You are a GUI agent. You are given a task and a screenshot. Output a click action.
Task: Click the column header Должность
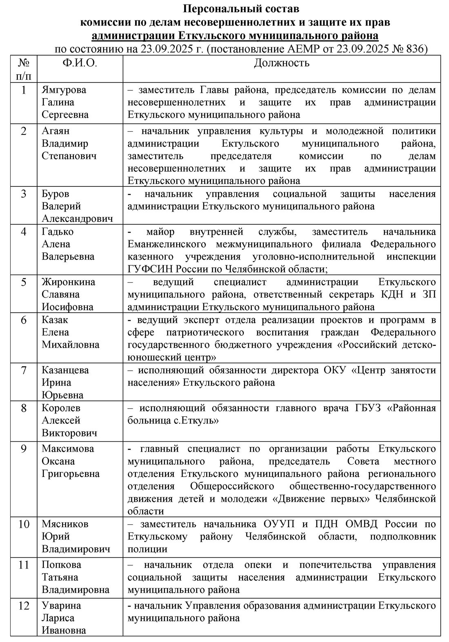(x=281, y=63)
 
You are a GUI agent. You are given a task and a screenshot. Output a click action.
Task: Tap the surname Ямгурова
(x=64, y=90)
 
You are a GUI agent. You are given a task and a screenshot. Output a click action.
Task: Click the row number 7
(x=24, y=370)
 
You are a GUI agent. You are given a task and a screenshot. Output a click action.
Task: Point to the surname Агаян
(x=56, y=131)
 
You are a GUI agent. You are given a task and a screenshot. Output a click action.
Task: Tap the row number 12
(x=24, y=606)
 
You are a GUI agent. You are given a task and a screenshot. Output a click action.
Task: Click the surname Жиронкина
(x=69, y=282)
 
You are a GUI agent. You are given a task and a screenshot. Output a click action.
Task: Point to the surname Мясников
(x=64, y=524)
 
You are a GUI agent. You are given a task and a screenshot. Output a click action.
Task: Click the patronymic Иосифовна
(x=67, y=307)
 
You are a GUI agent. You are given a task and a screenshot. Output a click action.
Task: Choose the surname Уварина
(x=61, y=606)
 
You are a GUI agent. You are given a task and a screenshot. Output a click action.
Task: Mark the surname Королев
(x=62, y=408)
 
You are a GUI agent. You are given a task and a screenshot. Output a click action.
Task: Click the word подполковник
(x=403, y=536)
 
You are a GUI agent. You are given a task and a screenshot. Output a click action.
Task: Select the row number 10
(x=24, y=524)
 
